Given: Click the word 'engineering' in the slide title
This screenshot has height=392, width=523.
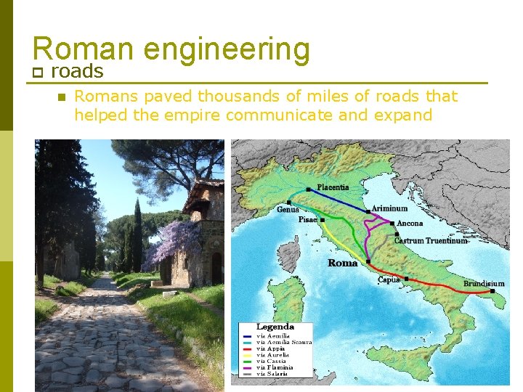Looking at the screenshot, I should tap(227, 49).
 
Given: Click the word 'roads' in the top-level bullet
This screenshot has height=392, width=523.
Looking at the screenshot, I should tap(77, 71).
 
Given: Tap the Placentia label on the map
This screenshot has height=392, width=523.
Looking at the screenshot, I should tap(332, 187).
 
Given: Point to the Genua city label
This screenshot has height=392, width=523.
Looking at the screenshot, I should tap(287, 209).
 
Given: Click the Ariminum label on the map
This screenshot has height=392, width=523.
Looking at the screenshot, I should tap(389, 208).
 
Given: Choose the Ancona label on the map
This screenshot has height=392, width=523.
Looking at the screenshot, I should tap(410, 223).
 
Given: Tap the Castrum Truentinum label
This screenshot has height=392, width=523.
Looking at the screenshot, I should tap(430, 240).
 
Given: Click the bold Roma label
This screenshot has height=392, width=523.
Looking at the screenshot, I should tap(342, 263).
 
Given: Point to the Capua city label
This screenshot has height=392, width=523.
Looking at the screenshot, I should tap(389, 279).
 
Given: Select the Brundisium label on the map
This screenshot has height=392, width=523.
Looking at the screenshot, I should tap(484, 283).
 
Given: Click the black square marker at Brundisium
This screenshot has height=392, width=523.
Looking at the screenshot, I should tap(492, 292).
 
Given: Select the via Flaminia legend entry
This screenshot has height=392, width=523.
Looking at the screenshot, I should tap(273, 367).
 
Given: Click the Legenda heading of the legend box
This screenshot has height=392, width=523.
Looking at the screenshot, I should tap(275, 327).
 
